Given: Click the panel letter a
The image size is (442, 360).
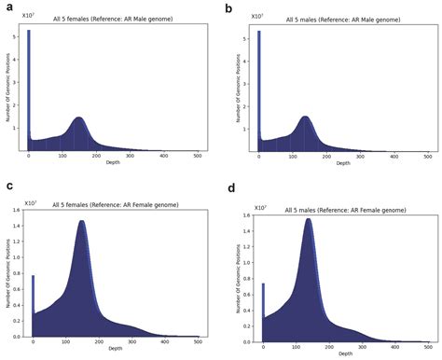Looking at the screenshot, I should pyautogui.click(x=9, y=8).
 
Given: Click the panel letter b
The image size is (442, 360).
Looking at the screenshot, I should pyautogui.click(x=229, y=8).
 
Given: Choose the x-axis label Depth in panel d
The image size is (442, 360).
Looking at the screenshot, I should pyautogui.click(x=345, y=354).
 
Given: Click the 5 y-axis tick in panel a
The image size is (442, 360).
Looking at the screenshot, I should pyautogui.click(x=15, y=36).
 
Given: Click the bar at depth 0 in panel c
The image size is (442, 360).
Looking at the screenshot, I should pyautogui.click(x=34, y=306).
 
